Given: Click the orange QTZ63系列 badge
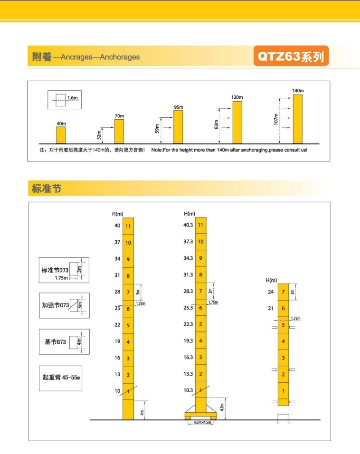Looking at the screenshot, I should point(291,57).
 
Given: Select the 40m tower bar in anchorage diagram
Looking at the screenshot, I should point(61,135).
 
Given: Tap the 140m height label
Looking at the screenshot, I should point(298,91).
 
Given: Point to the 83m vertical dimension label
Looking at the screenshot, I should point(216,124).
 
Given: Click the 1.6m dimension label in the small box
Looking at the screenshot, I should point(72,98).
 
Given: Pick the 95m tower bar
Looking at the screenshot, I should point(178,127).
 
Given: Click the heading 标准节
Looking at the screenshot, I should point(47,189).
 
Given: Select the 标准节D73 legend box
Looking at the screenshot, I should point(64,270).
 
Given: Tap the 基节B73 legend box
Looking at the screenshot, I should point(64,341).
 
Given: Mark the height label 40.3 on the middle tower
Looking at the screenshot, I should point(188,226).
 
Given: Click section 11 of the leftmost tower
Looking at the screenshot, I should point(128,226).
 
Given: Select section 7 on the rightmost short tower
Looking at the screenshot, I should point(283,292).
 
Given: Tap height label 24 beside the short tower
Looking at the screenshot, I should point(271,292).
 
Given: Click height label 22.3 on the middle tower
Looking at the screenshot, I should point(188,324).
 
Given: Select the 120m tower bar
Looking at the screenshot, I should point(237,122).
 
